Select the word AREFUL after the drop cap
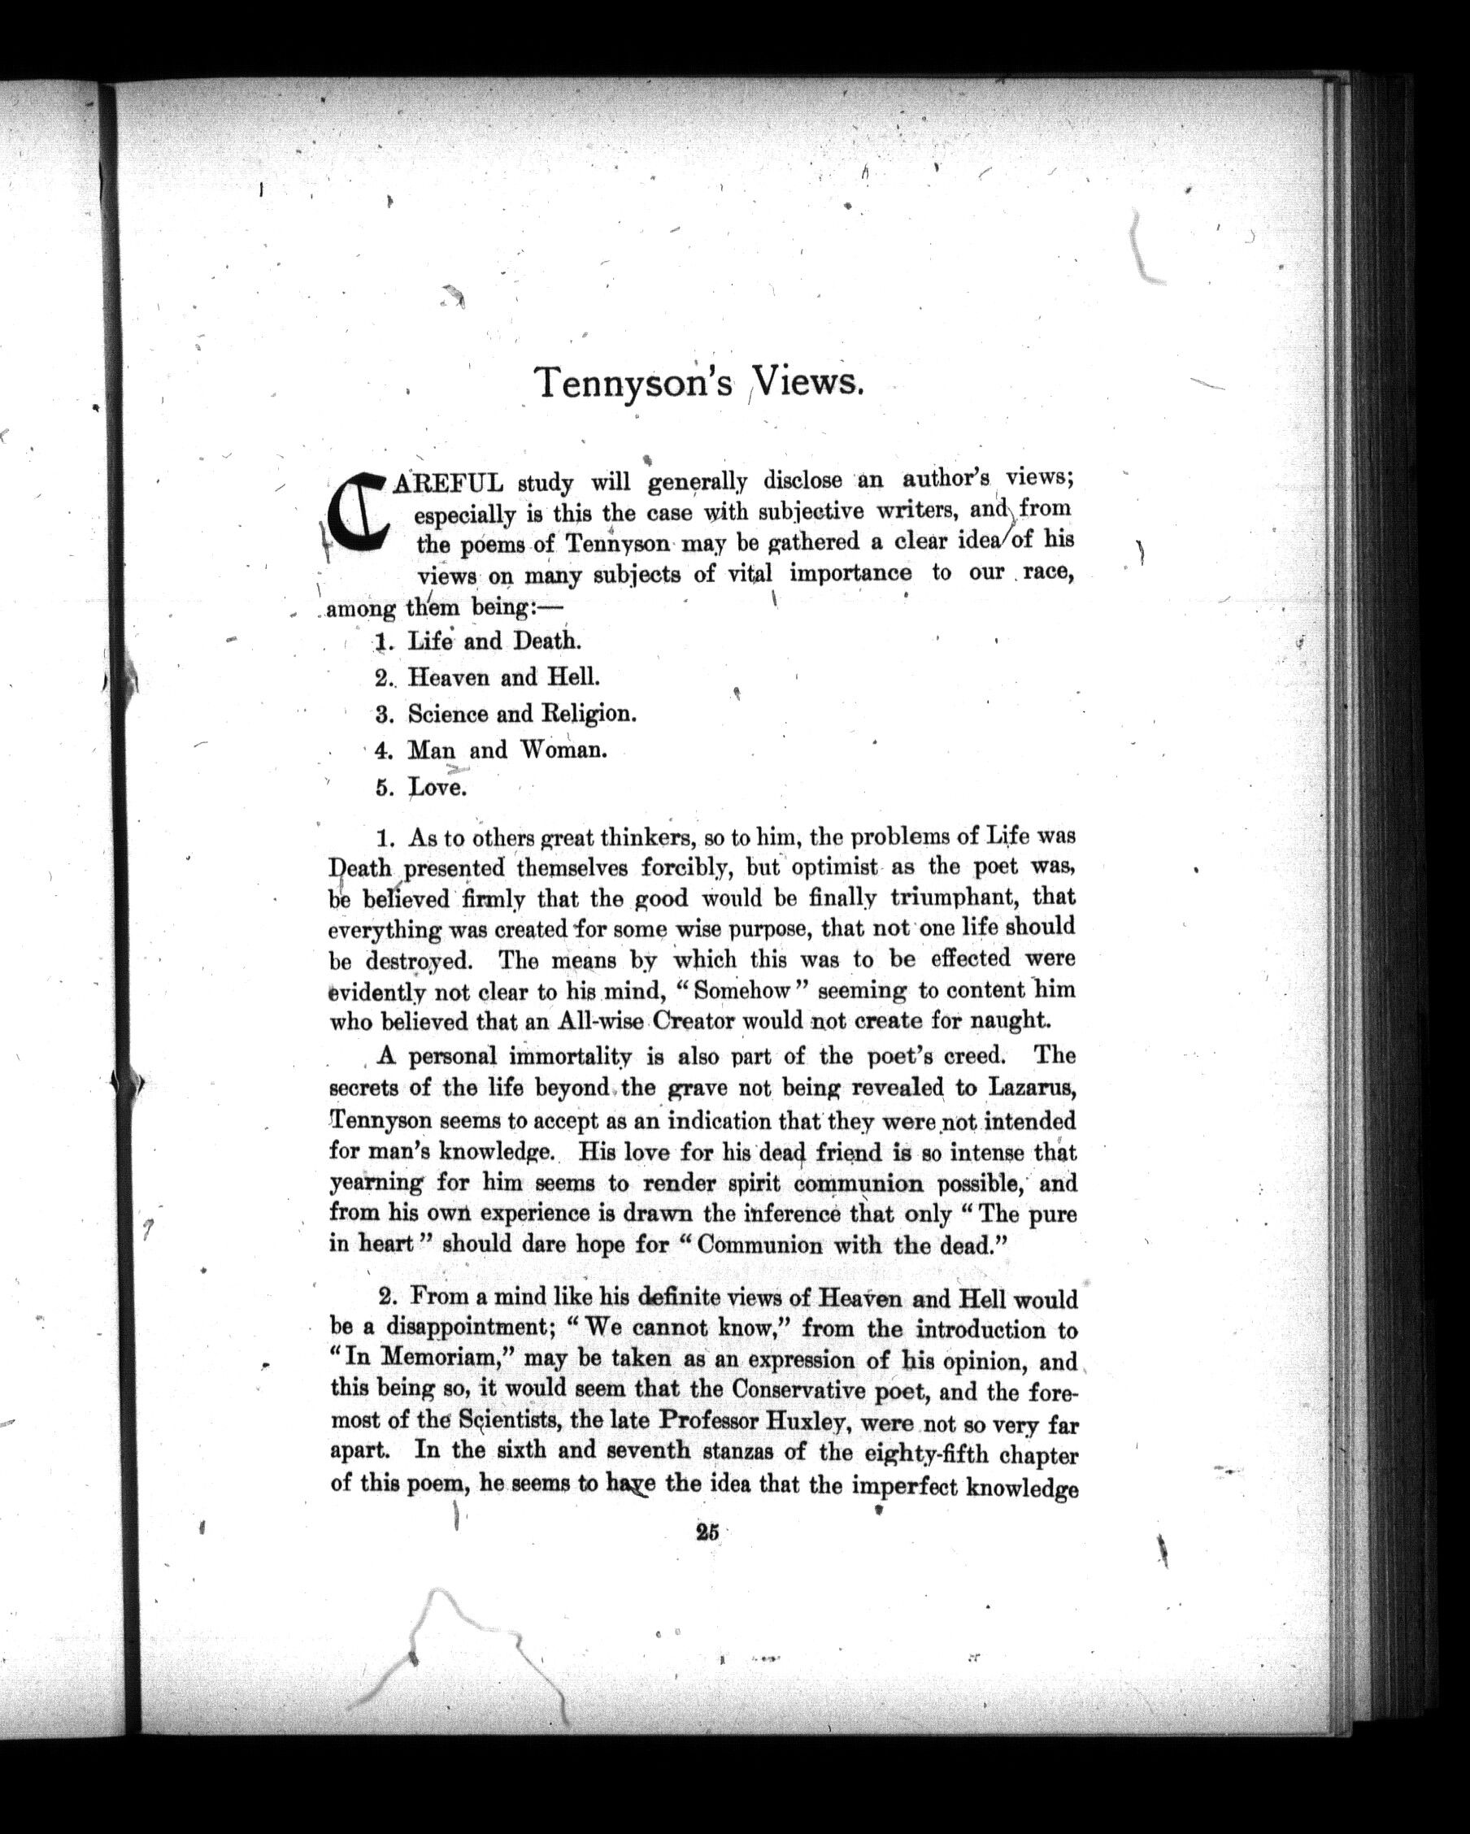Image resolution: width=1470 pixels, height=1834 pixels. [x=448, y=484]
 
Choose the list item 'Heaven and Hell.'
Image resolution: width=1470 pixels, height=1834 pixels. [x=503, y=677]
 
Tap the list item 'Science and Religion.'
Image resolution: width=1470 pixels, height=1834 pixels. [x=521, y=714]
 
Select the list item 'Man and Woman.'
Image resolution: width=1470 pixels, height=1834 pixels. [x=507, y=750]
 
